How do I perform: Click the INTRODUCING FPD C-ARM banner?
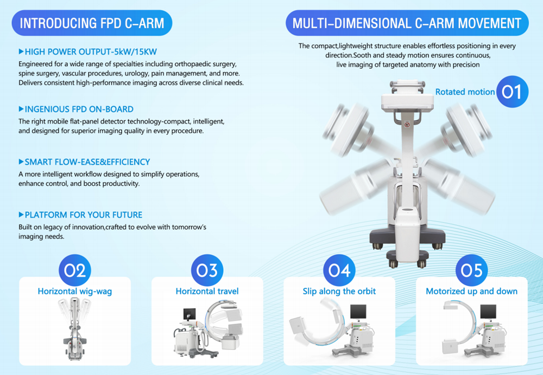point(92,23)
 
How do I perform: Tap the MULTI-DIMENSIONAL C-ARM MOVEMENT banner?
point(407,23)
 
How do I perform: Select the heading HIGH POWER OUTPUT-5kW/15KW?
point(91,52)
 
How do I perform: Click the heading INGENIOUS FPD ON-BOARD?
point(79,109)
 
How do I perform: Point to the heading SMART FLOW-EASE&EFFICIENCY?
point(87,162)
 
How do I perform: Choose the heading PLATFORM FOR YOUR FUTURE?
point(84,215)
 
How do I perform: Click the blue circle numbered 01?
point(512,92)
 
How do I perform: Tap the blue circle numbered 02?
point(75,270)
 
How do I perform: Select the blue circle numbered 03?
point(207,270)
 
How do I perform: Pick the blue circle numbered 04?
point(339,270)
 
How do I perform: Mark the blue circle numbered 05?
point(472,270)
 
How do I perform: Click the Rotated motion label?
point(465,92)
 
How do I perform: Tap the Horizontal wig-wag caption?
point(75,292)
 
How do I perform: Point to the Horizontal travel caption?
point(207,292)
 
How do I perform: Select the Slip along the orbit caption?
point(339,292)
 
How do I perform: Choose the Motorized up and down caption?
point(472,292)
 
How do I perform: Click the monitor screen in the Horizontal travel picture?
point(190,314)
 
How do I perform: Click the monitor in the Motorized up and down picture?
point(488,312)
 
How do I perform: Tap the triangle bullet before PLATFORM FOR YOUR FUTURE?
point(21,215)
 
